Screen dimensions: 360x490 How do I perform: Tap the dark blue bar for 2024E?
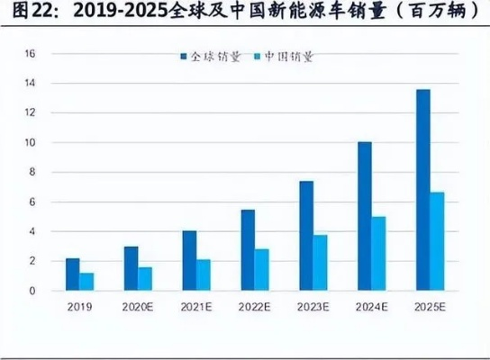tap(364, 216)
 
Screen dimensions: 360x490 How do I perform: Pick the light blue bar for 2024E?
tap(378, 253)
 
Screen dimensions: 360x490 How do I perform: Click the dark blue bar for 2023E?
tap(305, 236)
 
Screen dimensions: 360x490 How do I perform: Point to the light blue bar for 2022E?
tap(261, 270)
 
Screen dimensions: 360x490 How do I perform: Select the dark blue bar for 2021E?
tap(188, 261)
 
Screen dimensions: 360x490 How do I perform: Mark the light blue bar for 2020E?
tap(144, 279)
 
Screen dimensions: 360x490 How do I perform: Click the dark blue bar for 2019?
tap(72, 274)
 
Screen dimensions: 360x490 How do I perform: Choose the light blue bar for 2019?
tap(86, 282)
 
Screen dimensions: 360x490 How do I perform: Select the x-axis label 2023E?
tap(313, 306)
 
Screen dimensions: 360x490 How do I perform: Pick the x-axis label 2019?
tap(79, 306)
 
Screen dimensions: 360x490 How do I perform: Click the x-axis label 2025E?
tap(430, 306)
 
